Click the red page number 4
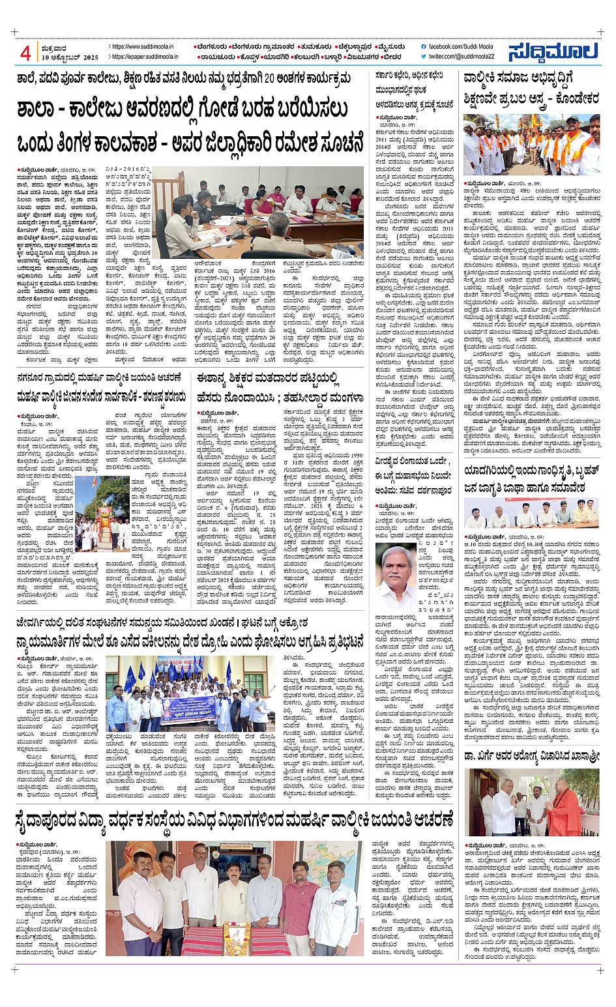click(25, 53)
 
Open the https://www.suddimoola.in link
click(142, 47)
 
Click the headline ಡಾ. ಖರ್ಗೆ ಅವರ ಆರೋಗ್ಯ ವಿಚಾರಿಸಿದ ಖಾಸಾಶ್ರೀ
click(531, 756)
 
